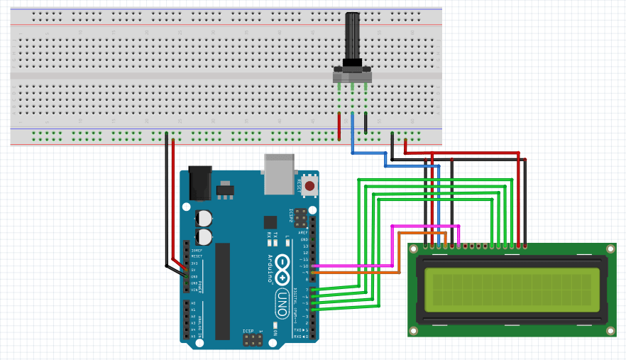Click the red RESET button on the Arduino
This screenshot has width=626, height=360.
pyautogui.click(x=309, y=185)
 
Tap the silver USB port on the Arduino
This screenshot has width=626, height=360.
pyautogui.click(x=279, y=173)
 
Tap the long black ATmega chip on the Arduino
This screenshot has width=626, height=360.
pyautogui.click(x=223, y=290)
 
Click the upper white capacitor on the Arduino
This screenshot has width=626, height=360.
pyautogui.click(x=204, y=217)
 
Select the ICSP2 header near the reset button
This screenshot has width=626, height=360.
pyautogui.click(x=301, y=216)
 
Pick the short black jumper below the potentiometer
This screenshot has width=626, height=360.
pyautogui.click(x=366, y=123)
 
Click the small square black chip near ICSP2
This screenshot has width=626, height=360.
pyautogui.click(x=270, y=222)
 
